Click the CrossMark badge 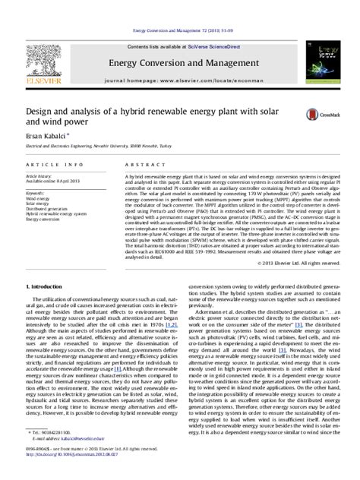(x=317, y=114)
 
